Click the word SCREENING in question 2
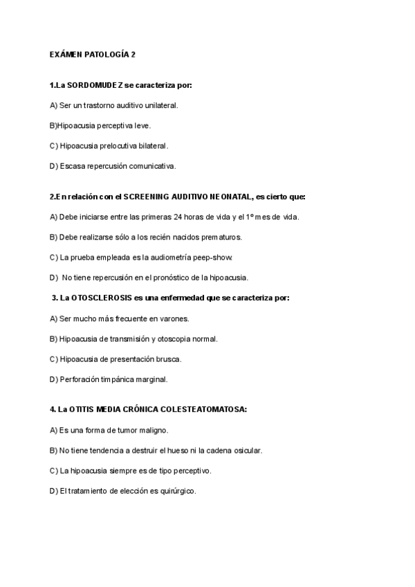click(146, 197)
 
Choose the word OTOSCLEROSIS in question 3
click(96, 298)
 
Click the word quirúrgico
click(178, 491)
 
